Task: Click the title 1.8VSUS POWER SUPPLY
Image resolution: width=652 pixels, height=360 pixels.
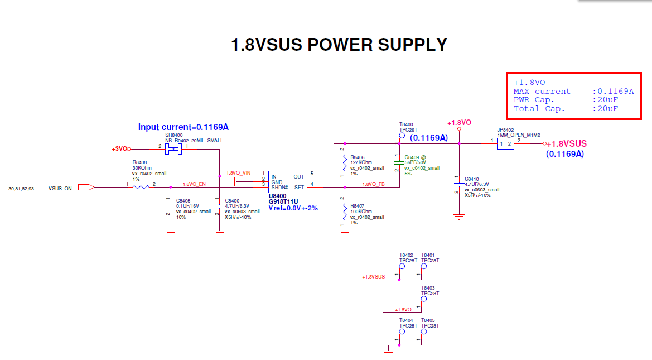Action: tap(339, 45)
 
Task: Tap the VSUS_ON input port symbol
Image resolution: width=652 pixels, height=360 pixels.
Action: tap(86, 188)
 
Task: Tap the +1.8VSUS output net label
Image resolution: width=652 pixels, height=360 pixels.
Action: tap(567, 143)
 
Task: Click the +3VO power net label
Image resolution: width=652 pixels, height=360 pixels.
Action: tap(119, 149)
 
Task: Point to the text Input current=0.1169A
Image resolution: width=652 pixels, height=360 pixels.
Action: tap(183, 127)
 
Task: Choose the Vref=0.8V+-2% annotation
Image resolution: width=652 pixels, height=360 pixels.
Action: tap(293, 208)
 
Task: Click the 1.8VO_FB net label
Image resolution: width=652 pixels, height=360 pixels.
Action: tap(374, 184)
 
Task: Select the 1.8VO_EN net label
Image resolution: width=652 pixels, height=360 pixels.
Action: tap(195, 184)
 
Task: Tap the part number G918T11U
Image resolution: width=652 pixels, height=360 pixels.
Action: tap(283, 201)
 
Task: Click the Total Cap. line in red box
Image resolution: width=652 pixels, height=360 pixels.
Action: tap(566, 109)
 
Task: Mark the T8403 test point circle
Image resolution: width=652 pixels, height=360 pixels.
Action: tap(423, 299)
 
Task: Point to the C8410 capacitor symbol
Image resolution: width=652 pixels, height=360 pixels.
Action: tap(458, 184)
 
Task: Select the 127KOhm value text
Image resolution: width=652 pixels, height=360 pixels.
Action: tap(361, 162)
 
